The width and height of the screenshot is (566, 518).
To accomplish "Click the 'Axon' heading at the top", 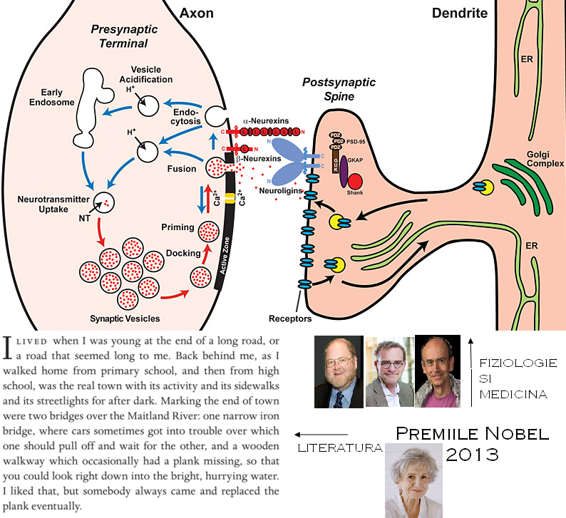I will click(197, 13).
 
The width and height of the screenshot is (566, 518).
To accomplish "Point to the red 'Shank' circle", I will click(356, 182).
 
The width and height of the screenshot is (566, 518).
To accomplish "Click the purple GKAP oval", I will click(344, 172).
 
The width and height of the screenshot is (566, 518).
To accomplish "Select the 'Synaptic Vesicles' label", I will click(125, 318).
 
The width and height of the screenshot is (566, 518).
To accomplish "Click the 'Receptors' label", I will click(292, 318).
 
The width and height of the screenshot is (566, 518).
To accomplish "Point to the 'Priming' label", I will click(178, 227).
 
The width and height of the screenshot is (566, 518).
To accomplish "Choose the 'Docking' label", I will click(178, 253).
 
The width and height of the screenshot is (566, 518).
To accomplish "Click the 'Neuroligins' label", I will click(279, 192).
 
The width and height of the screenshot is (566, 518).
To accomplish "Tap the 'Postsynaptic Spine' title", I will click(328, 89).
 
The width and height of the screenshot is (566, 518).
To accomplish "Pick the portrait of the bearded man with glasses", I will click(339, 371).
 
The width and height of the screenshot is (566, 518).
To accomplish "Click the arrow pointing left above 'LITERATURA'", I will click(321, 434).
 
